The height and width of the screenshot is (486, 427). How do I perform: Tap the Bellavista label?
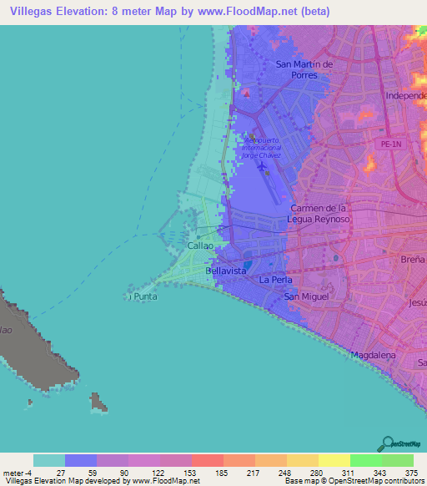225,272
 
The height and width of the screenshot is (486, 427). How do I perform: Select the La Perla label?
274,280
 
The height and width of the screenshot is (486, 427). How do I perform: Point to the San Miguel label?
305,296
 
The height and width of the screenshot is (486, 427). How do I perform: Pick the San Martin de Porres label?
304,69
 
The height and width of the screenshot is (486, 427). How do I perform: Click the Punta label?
144,296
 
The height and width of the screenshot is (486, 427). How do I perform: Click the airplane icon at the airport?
264,166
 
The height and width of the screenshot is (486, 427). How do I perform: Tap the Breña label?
414,260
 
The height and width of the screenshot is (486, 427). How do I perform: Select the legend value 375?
411,473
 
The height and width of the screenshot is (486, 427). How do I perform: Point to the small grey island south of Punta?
98,403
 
